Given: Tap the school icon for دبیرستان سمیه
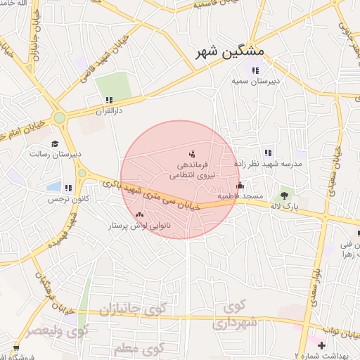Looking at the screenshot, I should click(255, 70).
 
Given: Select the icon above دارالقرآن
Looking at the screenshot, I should click(109, 101).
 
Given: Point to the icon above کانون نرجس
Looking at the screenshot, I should click(68, 188).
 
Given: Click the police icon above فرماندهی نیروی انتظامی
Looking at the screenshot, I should click(192, 153).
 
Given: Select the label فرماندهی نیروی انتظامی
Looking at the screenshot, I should click(199, 167).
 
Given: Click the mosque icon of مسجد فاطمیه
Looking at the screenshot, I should click(240, 186).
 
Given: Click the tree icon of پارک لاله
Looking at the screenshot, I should click(284, 195).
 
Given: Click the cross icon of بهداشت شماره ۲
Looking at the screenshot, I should click(321, 346).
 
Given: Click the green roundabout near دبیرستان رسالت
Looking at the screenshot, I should click(59, 117).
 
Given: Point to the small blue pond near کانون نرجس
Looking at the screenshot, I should click(54, 187).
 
